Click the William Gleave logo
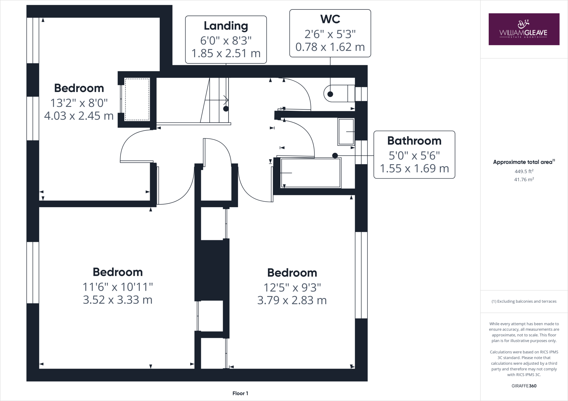click(524, 29)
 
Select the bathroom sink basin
click(346, 132)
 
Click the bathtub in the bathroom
click(311, 173)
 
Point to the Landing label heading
click(226, 26)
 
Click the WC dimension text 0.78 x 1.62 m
click(330, 47)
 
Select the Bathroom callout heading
click(414, 141)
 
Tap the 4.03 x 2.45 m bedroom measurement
click(79, 116)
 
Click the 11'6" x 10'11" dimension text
click(118, 287)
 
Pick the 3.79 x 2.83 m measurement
click(292, 300)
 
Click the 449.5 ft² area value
click(524, 171)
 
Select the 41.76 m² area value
click(524, 179)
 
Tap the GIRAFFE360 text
click(524, 386)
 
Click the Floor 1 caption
click(240, 393)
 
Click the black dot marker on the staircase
click(226, 109)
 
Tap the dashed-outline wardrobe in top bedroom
click(137, 99)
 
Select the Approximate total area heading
click(523, 162)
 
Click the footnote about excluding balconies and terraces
click(524, 301)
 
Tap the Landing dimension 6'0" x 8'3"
click(226, 41)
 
